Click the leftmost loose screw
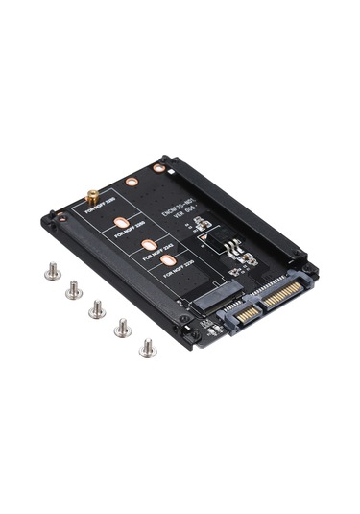pyautogui.click(x=52, y=272)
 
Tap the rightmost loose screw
pyautogui.click(x=147, y=348)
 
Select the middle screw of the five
pyautogui.click(x=97, y=308)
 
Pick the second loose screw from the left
pyautogui.click(x=73, y=288)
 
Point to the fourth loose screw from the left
pyautogui.click(x=122, y=328)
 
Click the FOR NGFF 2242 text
pyautogui.click(x=156, y=252)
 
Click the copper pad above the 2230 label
pyautogui.click(x=167, y=258)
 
